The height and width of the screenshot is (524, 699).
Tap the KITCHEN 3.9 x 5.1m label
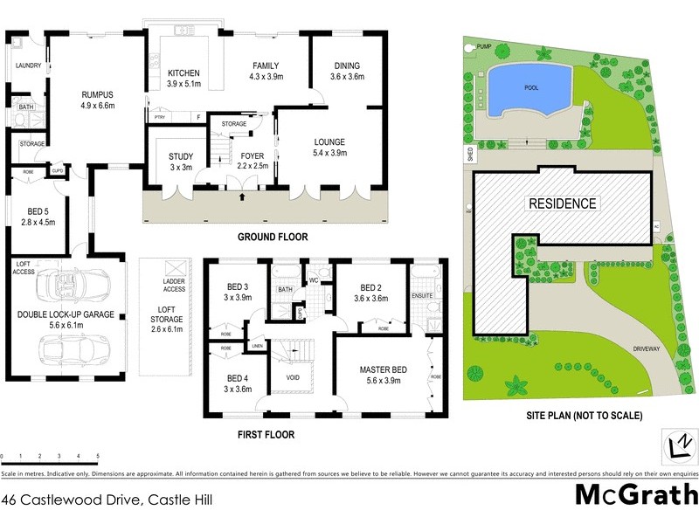pos(184,79)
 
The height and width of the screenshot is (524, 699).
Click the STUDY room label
pos(181,162)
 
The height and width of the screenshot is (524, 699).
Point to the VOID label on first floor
pos(295,379)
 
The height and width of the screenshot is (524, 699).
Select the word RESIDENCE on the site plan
pos(562,203)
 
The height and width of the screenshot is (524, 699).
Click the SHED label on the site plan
pos(468,157)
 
